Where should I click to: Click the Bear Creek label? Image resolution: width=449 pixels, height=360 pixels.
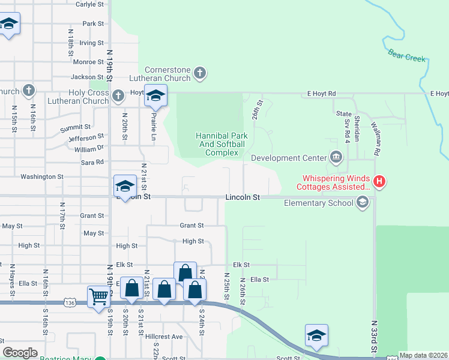click(406, 56)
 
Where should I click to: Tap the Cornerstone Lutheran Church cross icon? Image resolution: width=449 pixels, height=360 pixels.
click(200, 74)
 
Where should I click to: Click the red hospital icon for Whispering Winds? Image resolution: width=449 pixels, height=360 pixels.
click(378, 181)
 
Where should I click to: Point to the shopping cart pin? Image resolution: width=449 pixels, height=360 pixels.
click(98, 296)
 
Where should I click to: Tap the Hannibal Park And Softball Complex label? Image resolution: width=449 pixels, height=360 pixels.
click(220, 144)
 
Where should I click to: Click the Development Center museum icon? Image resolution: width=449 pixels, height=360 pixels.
click(336, 158)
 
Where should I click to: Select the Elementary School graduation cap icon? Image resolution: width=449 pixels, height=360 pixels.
click(362, 203)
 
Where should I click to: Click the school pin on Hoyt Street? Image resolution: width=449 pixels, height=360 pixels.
click(155, 95)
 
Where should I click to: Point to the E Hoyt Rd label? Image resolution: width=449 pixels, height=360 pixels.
click(319, 94)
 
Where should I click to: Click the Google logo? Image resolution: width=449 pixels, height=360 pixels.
click(20, 353)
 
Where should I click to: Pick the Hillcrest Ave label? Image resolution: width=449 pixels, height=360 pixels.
click(163, 337)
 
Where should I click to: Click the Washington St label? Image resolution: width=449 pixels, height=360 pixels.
click(42, 176)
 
